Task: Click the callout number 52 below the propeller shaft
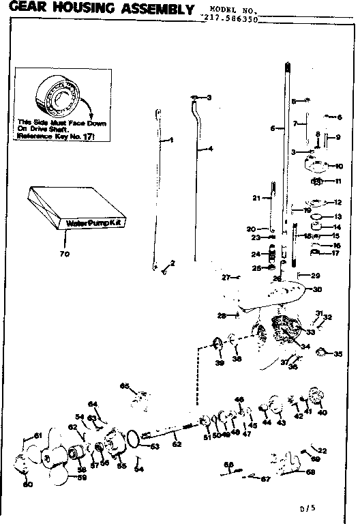pyautogui.click(x=177, y=443)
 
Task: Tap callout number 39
pyautogui.click(x=220, y=364)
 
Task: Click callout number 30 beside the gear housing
pyautogui.click(x=316, y=289)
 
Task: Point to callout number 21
pyautogui.click(x=255, y=198)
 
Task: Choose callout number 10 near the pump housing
pyautogui.click(x=339, y=166)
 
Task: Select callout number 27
pyautogui.click(x=225, y=277)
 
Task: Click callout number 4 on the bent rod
pyautogui.click(x=211, y=148)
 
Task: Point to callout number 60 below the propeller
pyautogui.click(x=28, y=485)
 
